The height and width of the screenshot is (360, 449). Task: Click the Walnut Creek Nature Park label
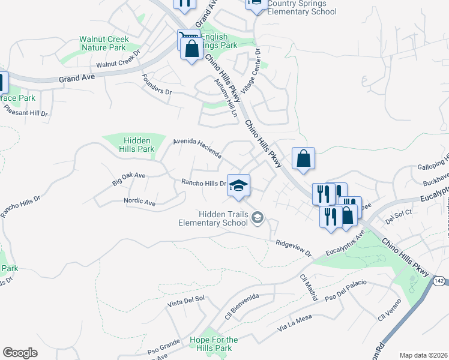(103, 43)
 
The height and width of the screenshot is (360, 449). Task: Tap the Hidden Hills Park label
(137, 145)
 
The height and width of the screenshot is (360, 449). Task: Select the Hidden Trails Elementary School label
(221, 218)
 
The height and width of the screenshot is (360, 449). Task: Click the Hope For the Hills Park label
(214, 344)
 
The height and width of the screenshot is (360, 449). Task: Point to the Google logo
(20, 353)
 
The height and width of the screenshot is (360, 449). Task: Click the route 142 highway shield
(439, 281)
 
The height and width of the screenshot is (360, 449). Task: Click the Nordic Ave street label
(139, 203)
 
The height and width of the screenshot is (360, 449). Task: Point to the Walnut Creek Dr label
(118, 62)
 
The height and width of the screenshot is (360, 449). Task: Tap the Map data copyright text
(424, 355)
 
